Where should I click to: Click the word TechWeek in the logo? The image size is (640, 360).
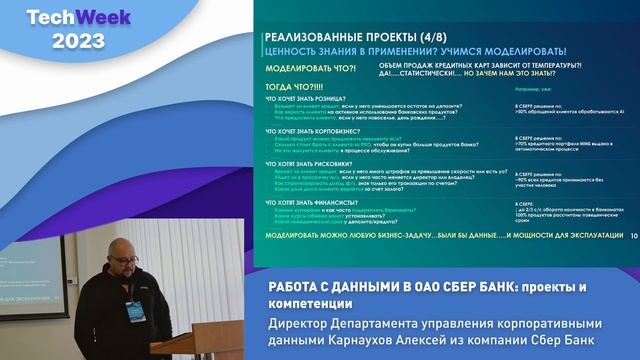pos(63,19)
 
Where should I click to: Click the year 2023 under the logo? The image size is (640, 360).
pos(63,41)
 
